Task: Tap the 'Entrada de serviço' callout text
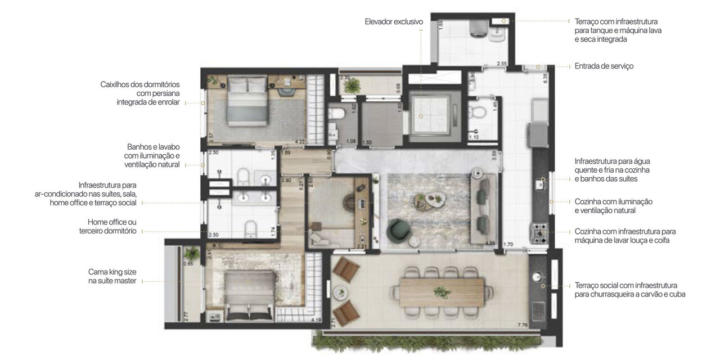[604, 66]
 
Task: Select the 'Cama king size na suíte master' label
[112, 276]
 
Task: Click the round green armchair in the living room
[400, 228]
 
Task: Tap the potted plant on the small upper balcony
[353, 85]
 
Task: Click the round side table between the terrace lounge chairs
[339, 291]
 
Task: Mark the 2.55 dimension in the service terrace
[502, 64]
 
